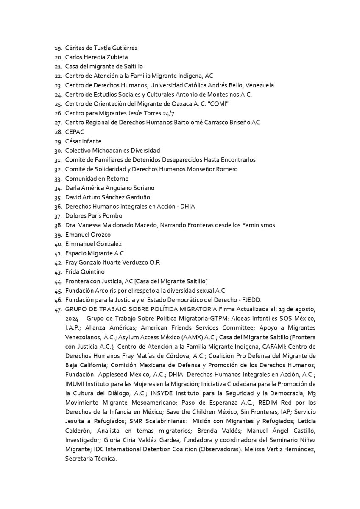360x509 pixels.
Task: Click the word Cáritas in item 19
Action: click(74, 48)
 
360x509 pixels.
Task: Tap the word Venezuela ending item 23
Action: click(258, 85)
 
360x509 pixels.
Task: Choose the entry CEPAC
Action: click(75, 132)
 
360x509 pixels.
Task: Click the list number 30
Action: click(59, 151)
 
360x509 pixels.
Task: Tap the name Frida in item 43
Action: click(72, 272)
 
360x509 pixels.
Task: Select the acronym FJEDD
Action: click(251, 300)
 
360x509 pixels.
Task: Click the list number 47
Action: click(59, 309)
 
